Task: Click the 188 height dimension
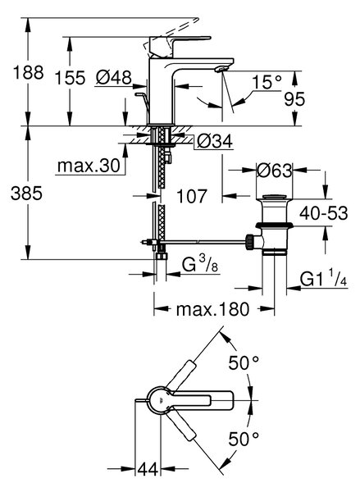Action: pyautogui.click(x=28, y=72)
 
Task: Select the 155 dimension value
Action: pyautogui.click(x=70, y=78)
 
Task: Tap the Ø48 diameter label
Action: pyautogui.click(x=114, y=77)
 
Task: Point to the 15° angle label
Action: pyautogui.click(x=267, y=82)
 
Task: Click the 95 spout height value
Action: pyautogui.click(x=294, y=99)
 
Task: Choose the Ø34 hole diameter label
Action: pyautogui.click(x=215, y=141)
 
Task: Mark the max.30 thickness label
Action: pyautogui.click(x=89, y=165)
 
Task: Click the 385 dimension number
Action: pyautogui.click(x=26, y=193)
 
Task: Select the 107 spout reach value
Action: pyautogui.click(x=191, y=196)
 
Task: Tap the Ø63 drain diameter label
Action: pyautogui.click(x=275, y=171)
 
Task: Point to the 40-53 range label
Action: pyautogui.click(x=324, y=213)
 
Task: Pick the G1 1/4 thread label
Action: pyautogui.click(x=323, y=278)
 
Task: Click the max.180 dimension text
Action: pyautogui.click(x=212, y=309)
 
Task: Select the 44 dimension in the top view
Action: pyautogui.click(x=148, y=470)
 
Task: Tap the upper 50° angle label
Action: pyautogui.click(x=244, y=363)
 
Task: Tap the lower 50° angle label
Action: pyautogui.click(x=244, y=439)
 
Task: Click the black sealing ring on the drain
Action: pyautogui.click(x=275, y=225)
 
